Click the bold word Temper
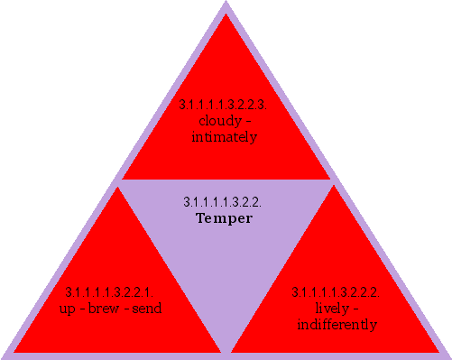(223, 218)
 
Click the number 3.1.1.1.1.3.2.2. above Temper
(223, 202)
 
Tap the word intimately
(225, 137)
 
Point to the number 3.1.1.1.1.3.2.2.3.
(224, 106)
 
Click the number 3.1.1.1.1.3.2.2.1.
(110, 292)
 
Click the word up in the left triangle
(70, 309)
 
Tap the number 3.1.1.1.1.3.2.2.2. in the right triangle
(335, 292)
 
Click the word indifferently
(336, 324)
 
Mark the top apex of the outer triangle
(226, 3)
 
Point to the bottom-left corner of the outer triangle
(3, 356)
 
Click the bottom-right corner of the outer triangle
(448, 356)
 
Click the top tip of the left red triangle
(116, 186)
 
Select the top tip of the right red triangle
(335, 186)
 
